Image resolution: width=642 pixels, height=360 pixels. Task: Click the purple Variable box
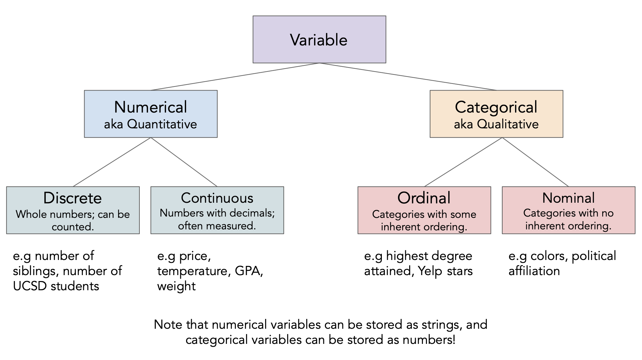tap(319, 39)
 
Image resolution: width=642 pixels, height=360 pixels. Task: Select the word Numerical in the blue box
tap(151, 107)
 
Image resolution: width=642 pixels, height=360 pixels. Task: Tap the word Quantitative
tap(162, 124)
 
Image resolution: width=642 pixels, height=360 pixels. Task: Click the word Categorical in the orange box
tap(496, 107)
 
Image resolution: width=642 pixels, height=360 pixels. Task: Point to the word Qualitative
tap(508, 124)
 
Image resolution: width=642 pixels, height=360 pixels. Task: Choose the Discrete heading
tap(73, 198)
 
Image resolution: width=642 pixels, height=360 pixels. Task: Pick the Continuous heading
tap(217, 198)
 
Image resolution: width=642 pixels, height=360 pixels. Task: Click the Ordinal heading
tap(424, 198)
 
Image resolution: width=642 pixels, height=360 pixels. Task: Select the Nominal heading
tap(568, 198)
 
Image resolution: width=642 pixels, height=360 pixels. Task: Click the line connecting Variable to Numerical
tap(235, 77)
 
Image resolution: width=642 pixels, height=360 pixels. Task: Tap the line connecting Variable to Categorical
tap(408, 77)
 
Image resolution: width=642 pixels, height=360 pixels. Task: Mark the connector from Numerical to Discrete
tap(112, 162)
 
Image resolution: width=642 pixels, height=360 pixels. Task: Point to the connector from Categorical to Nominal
tap(535, 162)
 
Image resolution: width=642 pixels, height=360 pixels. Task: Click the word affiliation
tap(534, 271)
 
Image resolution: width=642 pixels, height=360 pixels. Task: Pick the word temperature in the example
tap(192, 271)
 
